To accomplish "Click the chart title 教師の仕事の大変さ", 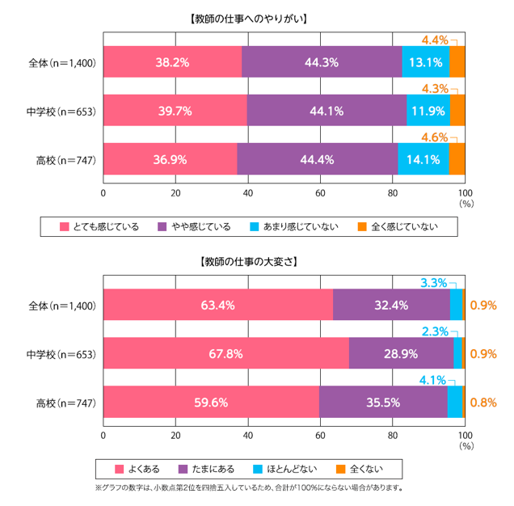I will (256, 262).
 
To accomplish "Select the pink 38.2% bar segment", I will (172, 62).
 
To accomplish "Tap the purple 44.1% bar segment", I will (327, 111).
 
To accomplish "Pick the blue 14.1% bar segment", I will (423, 159).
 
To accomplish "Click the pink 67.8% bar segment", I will (225, 353).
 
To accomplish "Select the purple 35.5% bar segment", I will (383, 402).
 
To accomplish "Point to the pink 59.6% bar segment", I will (211, 402).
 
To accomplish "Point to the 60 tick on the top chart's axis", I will (320, 193).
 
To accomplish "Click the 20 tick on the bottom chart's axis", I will (175, 436).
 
